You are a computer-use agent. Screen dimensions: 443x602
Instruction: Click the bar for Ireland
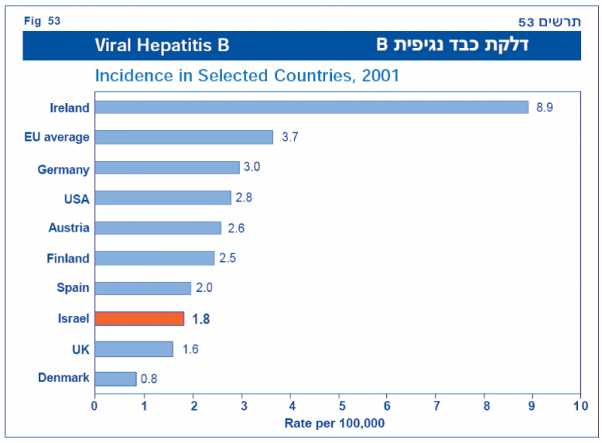(312, 107)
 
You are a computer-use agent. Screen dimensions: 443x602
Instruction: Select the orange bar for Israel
(139, 318)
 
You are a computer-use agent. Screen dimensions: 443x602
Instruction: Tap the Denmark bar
(115, 378)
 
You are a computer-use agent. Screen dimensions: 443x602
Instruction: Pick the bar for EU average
(184, 137)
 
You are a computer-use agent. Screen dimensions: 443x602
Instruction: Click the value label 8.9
(545, 108)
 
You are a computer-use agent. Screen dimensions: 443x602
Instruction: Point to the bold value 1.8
(201, 319)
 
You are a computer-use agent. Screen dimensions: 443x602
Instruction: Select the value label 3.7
(290, 137)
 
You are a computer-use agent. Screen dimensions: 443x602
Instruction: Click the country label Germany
(63, 170)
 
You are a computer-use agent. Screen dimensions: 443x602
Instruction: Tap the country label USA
(77, 199)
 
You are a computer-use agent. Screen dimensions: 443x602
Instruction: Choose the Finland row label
(68, 259)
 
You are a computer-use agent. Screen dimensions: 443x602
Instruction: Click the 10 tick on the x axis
(580, 406)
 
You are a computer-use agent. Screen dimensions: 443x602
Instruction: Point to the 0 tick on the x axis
(95, 406)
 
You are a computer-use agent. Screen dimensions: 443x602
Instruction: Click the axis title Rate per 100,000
(335, 423)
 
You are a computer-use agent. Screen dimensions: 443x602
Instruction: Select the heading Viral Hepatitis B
(162, 45)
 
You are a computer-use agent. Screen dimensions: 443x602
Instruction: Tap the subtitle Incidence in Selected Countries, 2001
(247, 76)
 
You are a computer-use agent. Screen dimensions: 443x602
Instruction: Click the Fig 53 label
(42, 20)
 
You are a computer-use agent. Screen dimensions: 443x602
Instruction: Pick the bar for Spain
(143, 288)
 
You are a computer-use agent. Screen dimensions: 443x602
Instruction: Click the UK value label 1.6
(190, 349)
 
